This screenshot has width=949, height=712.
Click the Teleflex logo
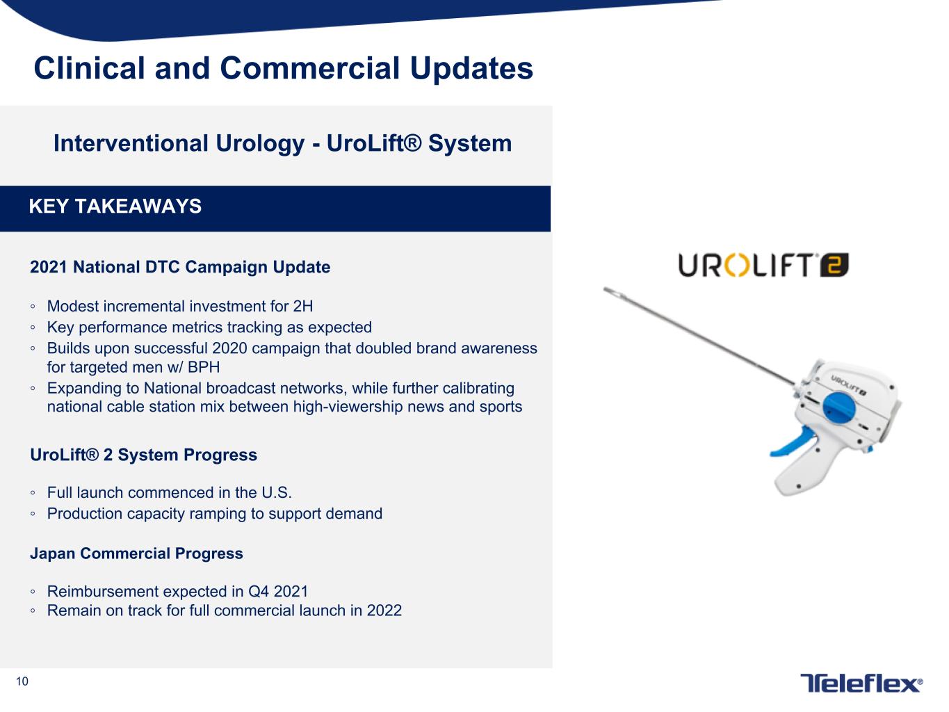click(x=861, y=683)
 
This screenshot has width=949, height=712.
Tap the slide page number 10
click(x=22, y=681)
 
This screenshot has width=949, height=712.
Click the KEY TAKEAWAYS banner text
click(x=115, y=207)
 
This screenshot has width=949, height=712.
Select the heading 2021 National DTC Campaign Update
click(x=180, y=267)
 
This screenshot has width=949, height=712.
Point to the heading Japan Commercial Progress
click(x=136, y=553)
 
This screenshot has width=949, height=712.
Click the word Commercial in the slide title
click(x=309, y=68)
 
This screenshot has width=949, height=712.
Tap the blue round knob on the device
click(x=838, y=408)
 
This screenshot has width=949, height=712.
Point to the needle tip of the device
click(x=606, y=289)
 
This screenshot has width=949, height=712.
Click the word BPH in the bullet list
click(x=204, y=367)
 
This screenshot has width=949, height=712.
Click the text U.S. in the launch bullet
click(x=277, y=493)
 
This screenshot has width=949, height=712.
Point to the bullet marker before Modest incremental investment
click(x=33, y=307)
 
